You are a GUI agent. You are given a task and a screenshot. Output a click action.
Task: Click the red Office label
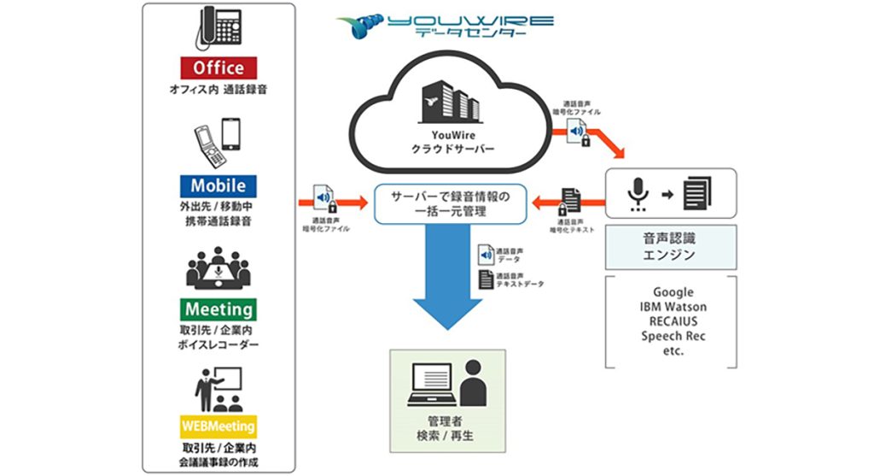coord(218,68)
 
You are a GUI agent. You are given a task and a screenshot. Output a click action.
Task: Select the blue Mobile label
coord(218,185)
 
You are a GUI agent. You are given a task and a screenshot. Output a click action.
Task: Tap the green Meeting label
coord(218,309)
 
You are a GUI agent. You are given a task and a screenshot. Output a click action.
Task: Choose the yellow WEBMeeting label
coord(218,426)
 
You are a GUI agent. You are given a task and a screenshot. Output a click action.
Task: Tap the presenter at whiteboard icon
coord(218,390)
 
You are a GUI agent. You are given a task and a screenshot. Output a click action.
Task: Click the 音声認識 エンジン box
coord(671,248)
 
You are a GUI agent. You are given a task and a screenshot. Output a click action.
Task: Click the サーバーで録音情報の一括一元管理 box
coord(449,203)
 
